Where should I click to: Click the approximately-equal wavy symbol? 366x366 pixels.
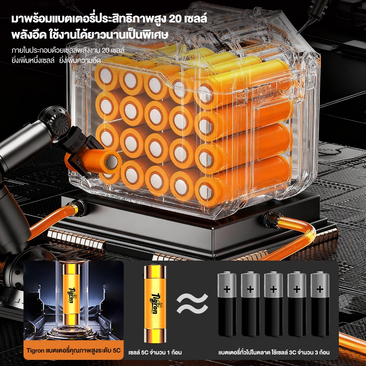tap(192, 303)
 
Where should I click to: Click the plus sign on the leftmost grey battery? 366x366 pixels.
tap(227, 290)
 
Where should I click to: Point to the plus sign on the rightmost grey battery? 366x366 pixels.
tap(320, 290)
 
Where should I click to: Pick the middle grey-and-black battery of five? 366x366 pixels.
tap(273, 303)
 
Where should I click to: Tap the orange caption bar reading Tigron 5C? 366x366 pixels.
tap(74, 350)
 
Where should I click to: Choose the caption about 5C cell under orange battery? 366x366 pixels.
tap(155, 352)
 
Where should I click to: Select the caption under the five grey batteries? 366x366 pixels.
tap(274, 352)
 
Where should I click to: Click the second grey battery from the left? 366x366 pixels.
tap(250, 303)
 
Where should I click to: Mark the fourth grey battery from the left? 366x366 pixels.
tap(297, 303)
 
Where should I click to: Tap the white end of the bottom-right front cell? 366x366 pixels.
tap(206, 192)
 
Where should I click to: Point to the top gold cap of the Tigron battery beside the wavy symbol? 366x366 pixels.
tap(155, 272)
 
